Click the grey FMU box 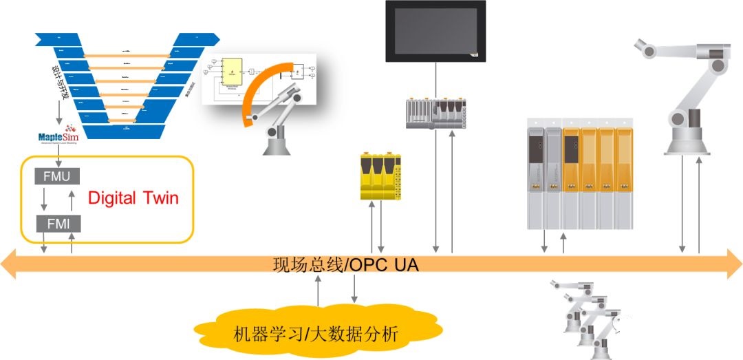(x=57, y=176)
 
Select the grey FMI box (x=57, y=223)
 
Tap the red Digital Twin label (x=133, y=198)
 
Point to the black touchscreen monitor (x=435, y=31)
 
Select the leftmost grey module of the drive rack (x=536, y=176)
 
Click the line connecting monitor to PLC (x=435, y=78)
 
